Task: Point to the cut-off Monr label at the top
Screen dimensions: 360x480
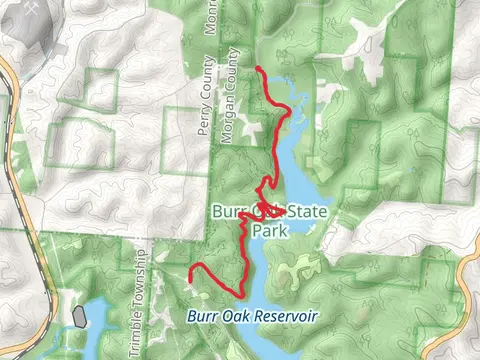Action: pyautogui.click(x=212, y=17)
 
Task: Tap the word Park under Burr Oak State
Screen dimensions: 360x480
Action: pyautogui.click(x=270, y=230)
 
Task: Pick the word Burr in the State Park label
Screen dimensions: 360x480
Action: pyautogui.click(x=229, y=212)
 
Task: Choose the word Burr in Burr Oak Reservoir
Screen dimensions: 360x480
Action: pyautogui.click(x=201, y=316)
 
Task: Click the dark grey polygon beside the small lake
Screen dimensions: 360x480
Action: pyautogui.click(x=79, y=317)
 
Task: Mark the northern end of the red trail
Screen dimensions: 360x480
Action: pyautogui.click(x=258, y=68)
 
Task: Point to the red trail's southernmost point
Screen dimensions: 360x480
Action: pyautogui.click(x=241, y=292)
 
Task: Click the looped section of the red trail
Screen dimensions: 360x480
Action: pyautogui.click(x=273, y=211)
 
